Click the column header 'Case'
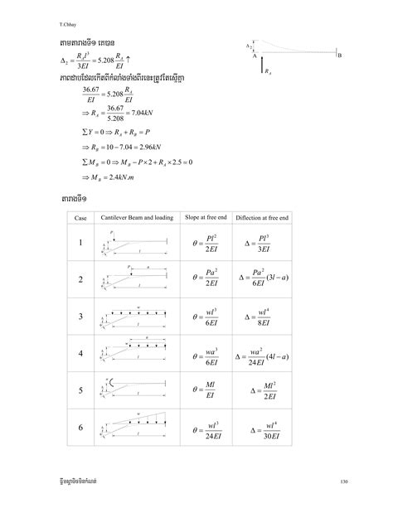tap(80, 216)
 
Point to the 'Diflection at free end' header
tap(269, 216)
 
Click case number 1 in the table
tap(80, 244)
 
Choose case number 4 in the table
tap(80, 355)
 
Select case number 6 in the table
tap(80, 428)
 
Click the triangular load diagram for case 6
tap(137, 426)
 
